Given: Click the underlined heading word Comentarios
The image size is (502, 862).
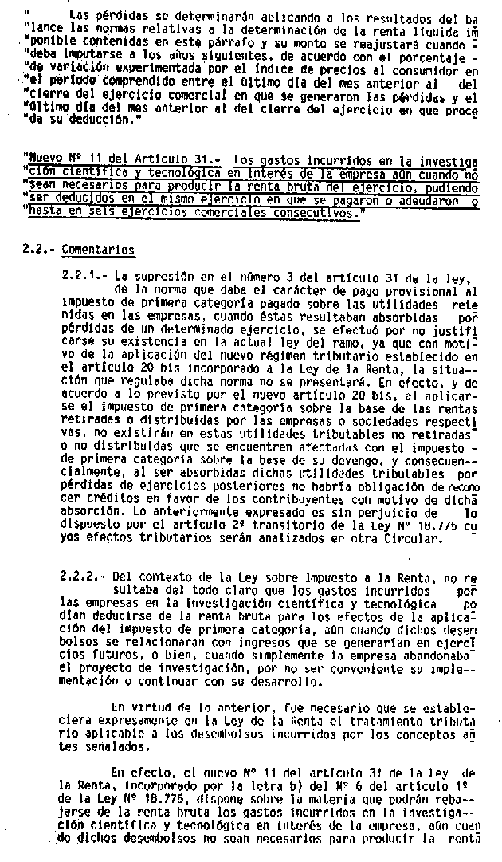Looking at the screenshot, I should (x=102, y=250).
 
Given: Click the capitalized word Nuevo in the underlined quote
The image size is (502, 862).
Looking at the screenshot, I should (x=45, y=159).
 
